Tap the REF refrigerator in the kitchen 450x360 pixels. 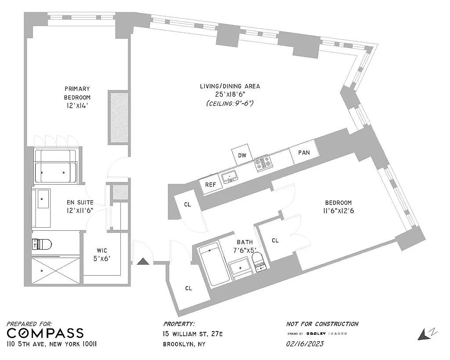[210, 184]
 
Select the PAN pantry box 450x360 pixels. [304, 152]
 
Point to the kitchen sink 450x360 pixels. [229, 177]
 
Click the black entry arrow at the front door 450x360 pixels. [143, 262]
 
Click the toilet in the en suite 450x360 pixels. [42, 244]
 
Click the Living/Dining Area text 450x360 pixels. [230, 86]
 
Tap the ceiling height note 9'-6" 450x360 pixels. [230, 103]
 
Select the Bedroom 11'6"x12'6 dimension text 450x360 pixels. [338, 211]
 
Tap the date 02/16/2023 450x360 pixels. [305, 344]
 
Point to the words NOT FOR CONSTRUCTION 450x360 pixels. [322, 324]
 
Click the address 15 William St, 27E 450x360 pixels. [192, 334]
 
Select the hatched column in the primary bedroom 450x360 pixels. [119, 117]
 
